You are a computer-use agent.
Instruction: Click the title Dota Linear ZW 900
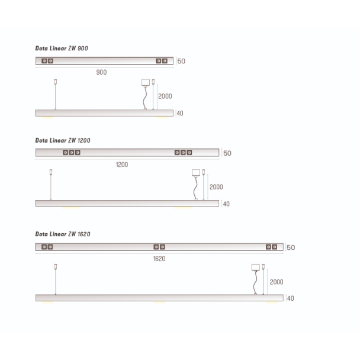(x=62, y=48)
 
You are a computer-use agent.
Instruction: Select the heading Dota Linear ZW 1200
(x=63, y=140)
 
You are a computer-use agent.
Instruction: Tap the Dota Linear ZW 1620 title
(x=63, y=234)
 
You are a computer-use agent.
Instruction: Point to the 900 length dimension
(x=101, y=72)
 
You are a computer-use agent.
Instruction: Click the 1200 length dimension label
(x=122, y=165)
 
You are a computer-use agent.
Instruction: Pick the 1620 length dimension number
(x=159, y=259)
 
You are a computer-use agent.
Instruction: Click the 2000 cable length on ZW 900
(x=165, y=96)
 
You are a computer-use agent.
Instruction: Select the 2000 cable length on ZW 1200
(x=216, y=187)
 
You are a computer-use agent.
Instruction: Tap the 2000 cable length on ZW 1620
(x=277, y=282)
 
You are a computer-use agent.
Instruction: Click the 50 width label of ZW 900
(x=181, y=61)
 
